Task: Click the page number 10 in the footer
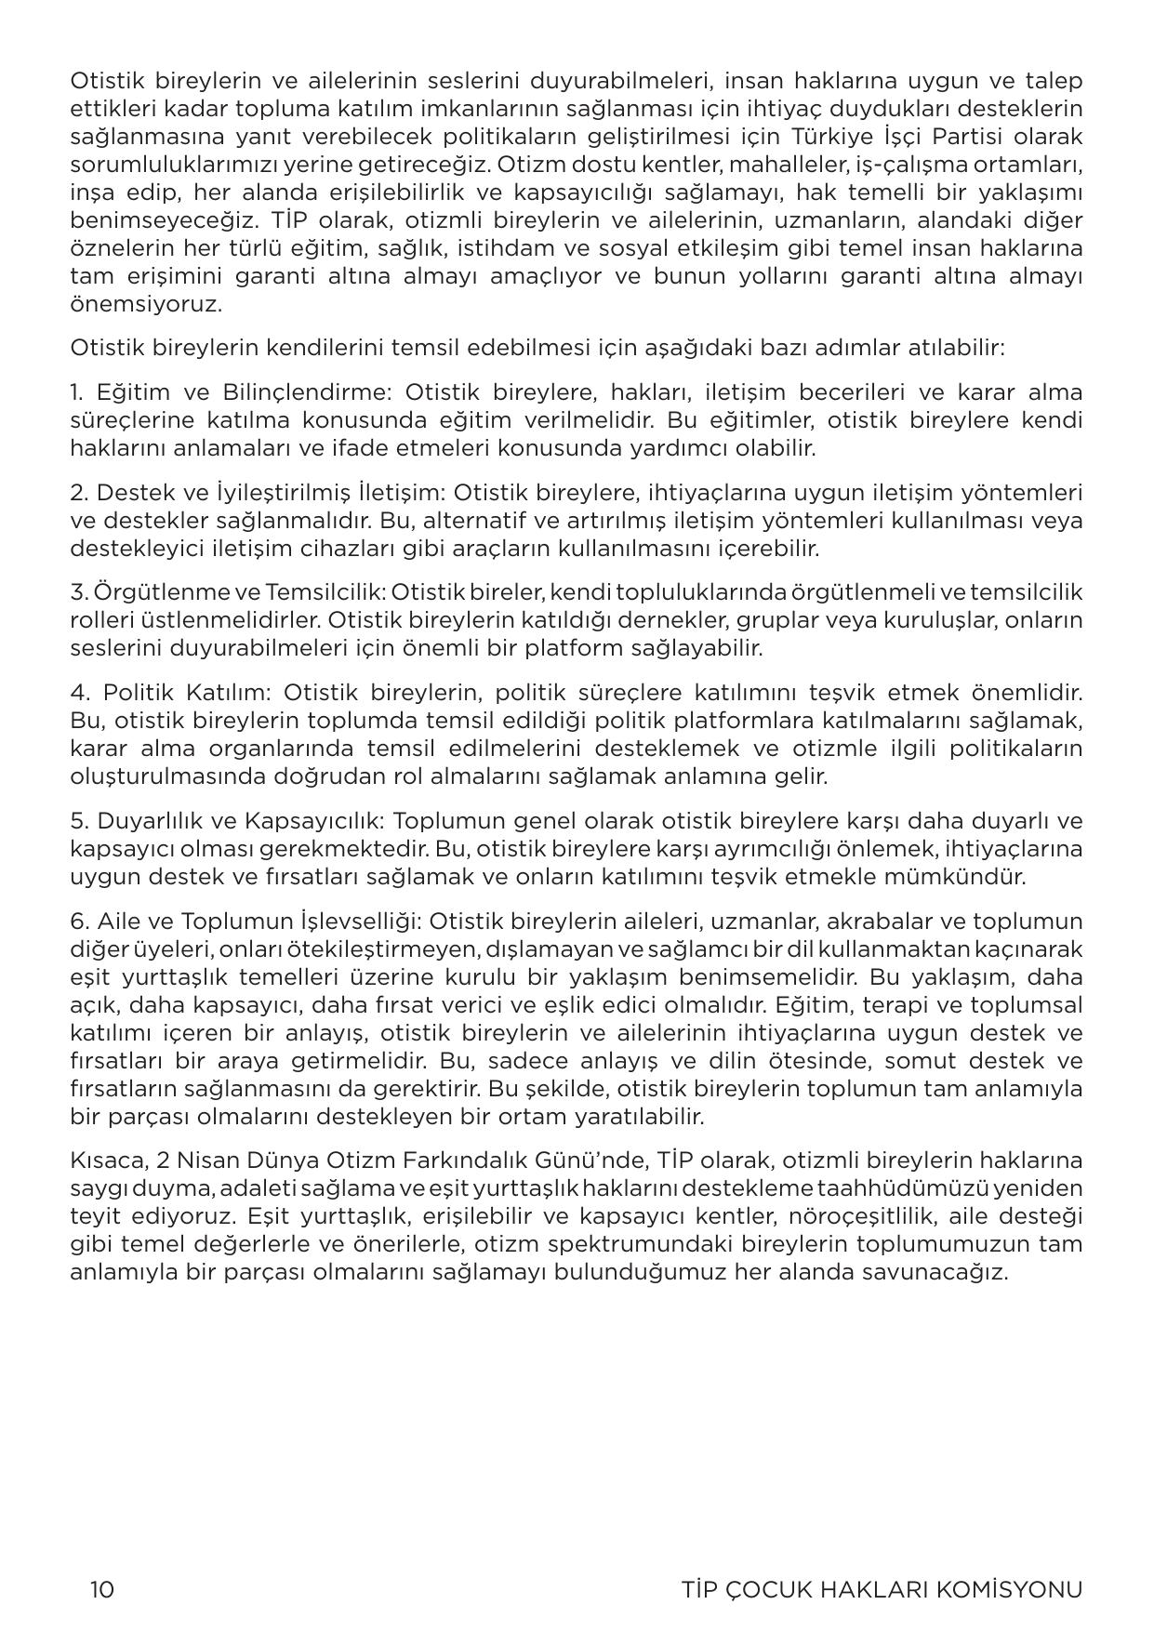[102, 1589]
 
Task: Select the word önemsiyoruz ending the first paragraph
[146, 304]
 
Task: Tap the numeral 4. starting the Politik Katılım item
[79, 692]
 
